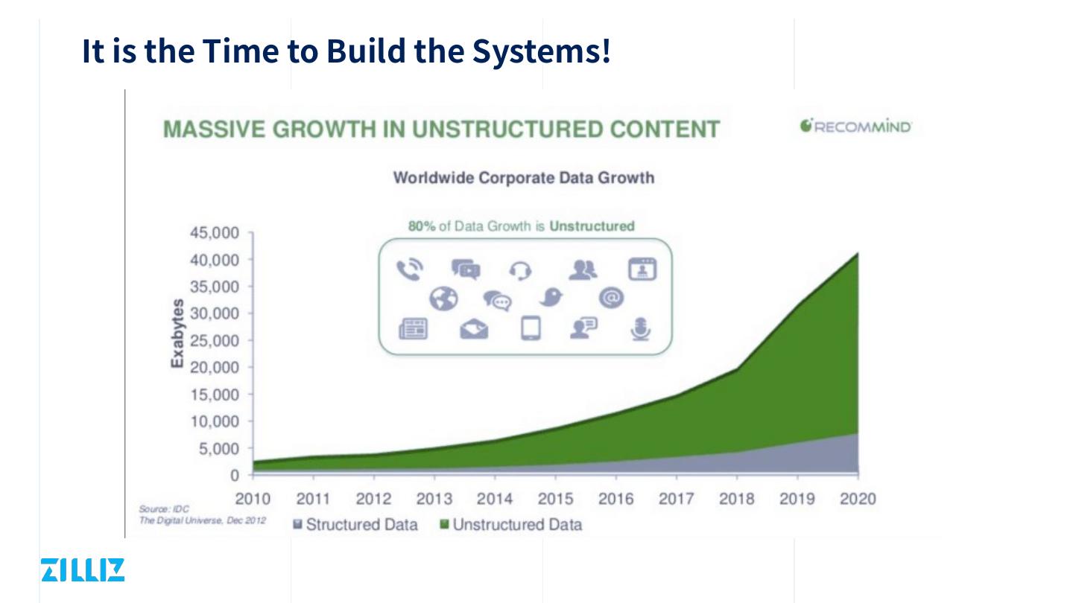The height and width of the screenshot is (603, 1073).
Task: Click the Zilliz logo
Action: point(83,569)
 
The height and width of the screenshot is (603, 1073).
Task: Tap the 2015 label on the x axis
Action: point(555,499)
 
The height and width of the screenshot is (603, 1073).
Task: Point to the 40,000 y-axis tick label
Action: point(214,260)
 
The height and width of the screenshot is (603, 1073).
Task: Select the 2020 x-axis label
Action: point(858,499)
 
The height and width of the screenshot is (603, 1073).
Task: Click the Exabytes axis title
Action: point(177,333)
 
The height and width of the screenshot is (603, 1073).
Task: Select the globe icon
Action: point(443,299)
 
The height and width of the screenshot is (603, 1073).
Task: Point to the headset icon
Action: point(520,271)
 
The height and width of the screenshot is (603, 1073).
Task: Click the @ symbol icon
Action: point(610,298)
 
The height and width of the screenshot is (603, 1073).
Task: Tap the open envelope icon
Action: point(474,328)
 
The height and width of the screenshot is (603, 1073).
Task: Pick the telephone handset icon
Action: point(409,270)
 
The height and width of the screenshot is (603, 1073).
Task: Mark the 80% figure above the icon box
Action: point(421,226)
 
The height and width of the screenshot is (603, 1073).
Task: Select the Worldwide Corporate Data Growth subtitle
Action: point(523,178)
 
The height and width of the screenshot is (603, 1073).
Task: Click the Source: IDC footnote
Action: point(164,509)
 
